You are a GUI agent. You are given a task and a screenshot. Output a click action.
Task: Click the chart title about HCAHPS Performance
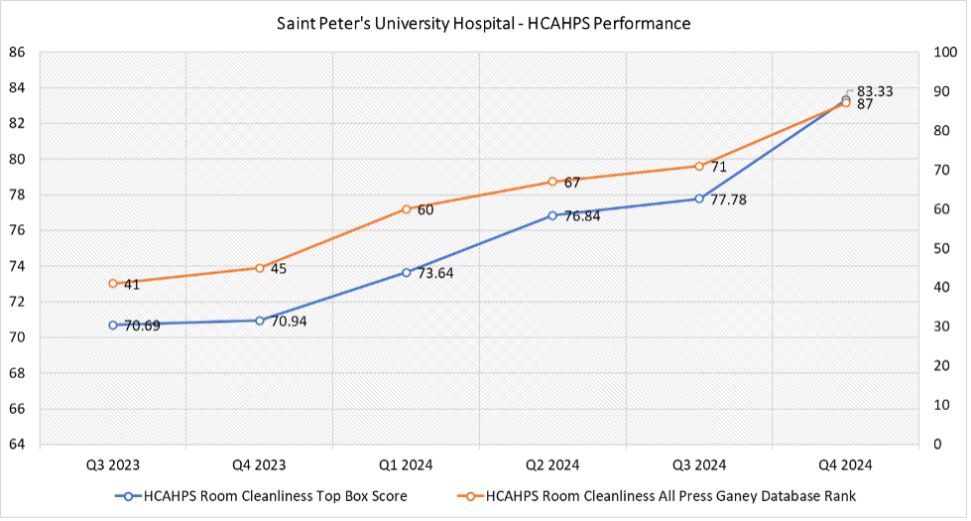click(484, 22)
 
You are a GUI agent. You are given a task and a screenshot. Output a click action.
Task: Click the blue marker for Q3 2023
click(113, 325)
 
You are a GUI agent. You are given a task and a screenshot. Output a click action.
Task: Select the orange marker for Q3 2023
click(113, 284)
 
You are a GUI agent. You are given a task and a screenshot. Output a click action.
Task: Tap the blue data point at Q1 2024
click(407, 272)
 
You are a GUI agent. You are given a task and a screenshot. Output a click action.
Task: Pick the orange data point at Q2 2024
click(552, 182)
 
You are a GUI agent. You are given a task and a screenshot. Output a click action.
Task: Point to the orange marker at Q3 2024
click(699, 166)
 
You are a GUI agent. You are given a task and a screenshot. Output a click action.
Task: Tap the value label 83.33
click(874, 90)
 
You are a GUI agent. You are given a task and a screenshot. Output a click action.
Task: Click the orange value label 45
click(279, 268)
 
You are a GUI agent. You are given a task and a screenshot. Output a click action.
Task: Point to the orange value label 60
click(425, 209)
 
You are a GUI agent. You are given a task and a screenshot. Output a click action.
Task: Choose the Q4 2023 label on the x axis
click(260, 464)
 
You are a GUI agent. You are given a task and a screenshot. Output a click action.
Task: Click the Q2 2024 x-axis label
click(552, 464)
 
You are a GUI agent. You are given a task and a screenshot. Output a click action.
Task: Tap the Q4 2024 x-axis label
click(845, 464)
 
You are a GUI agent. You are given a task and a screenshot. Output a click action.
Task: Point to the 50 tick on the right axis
click(937, 248)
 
